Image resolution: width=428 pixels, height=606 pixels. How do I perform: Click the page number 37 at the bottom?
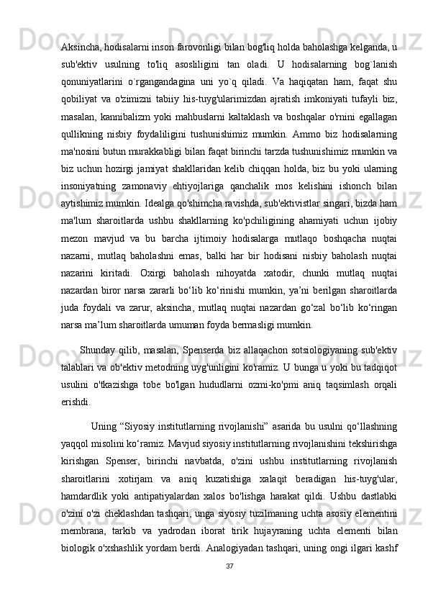(228, 584)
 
